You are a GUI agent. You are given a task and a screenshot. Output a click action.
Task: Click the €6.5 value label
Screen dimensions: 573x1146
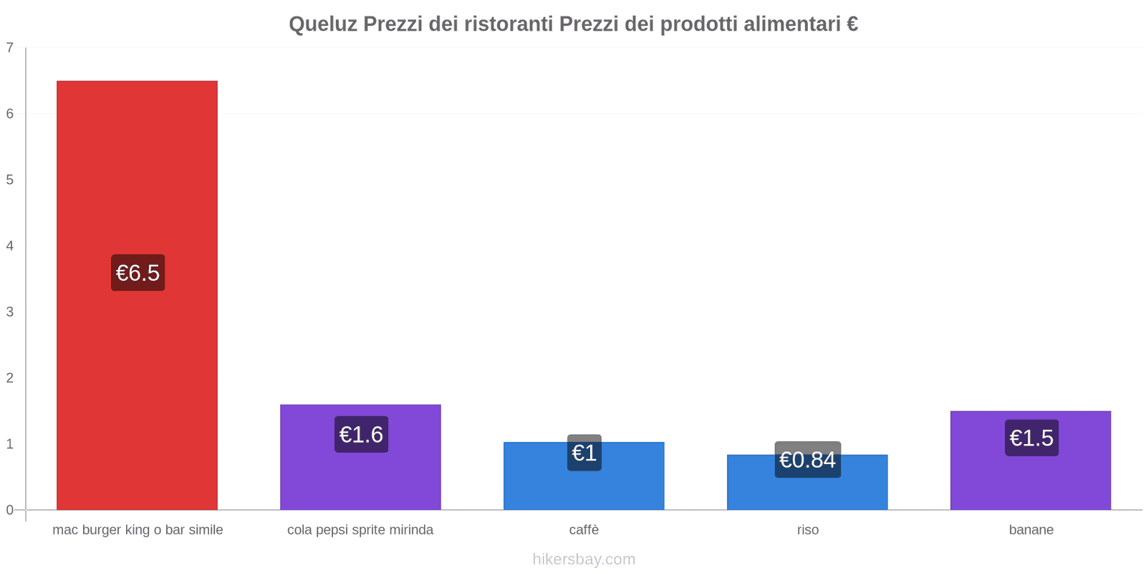[x=138, y=273]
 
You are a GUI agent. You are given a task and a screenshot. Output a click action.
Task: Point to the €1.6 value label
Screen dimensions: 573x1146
[x=361, y=435]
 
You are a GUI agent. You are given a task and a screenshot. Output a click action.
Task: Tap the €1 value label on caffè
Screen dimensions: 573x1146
[x=584, y=453]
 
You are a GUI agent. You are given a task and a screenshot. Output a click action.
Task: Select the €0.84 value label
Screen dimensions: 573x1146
[x=807, y=460]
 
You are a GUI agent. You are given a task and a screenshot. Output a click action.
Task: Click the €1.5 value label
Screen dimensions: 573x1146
[x=1031, y=438]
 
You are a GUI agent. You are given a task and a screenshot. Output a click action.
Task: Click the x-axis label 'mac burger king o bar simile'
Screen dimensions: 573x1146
[x=138, y=530]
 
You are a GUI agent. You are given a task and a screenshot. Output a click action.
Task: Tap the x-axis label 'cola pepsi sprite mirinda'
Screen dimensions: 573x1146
[x=360, y=530]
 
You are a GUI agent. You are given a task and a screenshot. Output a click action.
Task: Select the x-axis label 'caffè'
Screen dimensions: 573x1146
[x=584, y=530]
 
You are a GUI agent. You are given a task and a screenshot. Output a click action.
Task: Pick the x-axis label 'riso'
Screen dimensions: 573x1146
[x=807, y=530]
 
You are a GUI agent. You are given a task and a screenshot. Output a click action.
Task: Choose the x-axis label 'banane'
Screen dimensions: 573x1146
[x=1031, y=530]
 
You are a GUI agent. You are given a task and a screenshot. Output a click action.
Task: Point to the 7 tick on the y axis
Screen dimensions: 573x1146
[x=10, y=48]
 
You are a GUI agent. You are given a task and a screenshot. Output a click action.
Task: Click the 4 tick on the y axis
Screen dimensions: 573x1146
[x=10, y=246]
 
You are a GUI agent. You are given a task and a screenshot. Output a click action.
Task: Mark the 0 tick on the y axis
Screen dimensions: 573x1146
[x=10, y=510]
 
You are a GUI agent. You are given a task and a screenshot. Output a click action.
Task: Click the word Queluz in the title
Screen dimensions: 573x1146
[x=322, y=24]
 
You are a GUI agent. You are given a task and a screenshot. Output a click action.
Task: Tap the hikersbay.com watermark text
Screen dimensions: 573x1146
[x=584, y=559]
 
